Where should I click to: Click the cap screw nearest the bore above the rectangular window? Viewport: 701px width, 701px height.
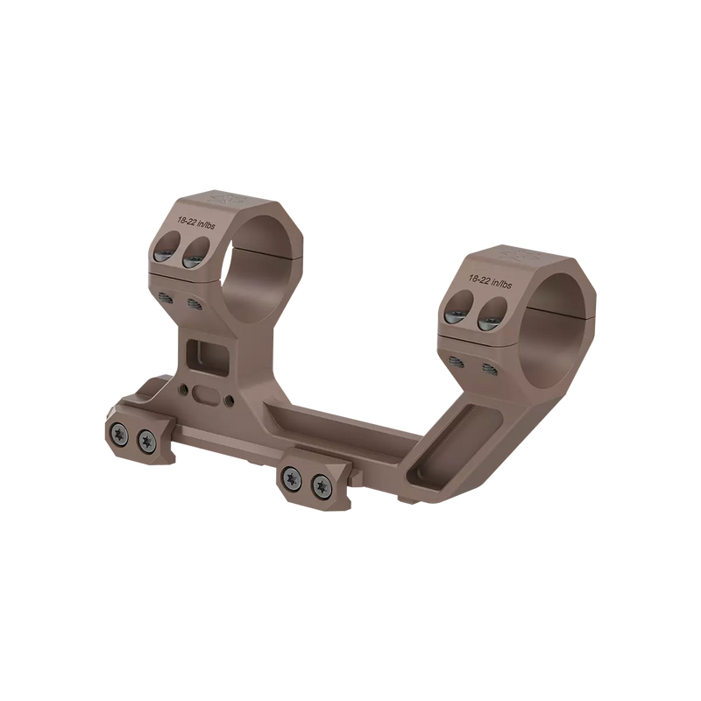click(193, 257)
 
